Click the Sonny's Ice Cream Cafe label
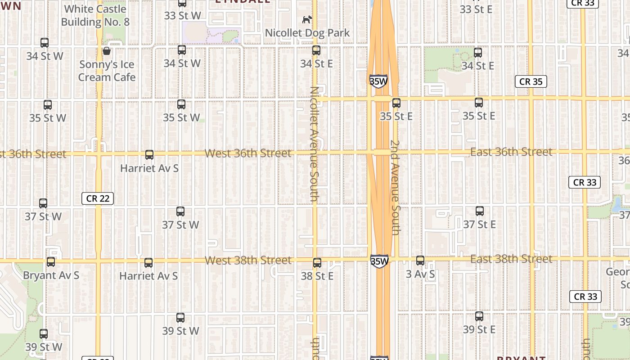[x=107, y=71]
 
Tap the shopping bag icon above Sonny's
[x=107, y=51]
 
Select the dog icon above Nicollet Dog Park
[x=307, y=20]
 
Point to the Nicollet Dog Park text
[x=307, y=33]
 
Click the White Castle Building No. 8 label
[x=95, y=15]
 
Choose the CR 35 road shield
[x=531, y=81]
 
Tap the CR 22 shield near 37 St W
[x=98, y=198]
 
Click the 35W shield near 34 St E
[x=378, y=81]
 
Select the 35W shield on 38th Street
[x=379, y=261]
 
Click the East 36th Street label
[x=511, y=152]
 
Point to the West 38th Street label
[x=248, y=260]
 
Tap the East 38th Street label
[x=511, y=259]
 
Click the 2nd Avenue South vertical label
[x=395, y=187]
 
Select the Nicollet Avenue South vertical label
[x=315, y=144]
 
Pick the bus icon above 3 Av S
[x=420, y=260]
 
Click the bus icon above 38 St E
[x=317, y=262]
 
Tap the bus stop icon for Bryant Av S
[x=51, y=261]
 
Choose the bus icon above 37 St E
[x=480, y=211]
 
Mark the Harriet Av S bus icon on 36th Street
[x=149, y=155]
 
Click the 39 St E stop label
[x=479, y=329]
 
